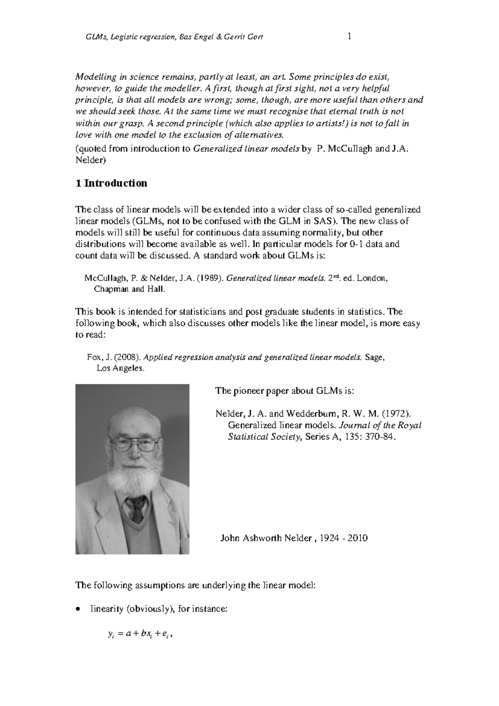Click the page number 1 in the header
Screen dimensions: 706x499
[x=349, y=37]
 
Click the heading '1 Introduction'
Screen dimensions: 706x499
[x=111, y=184]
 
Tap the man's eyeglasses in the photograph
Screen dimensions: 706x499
[x=133, y=445]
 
